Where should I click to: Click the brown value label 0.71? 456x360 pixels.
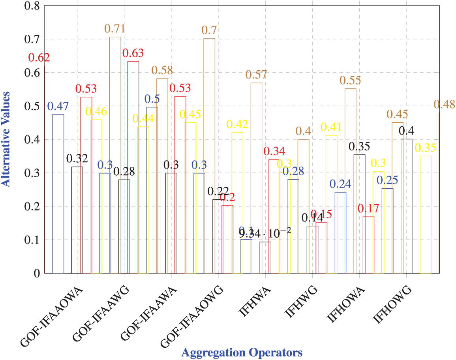click(x=115, y=29)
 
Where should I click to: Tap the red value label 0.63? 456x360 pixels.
click(x=133, y=53)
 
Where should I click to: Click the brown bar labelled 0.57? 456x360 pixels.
click(x=256, y=178)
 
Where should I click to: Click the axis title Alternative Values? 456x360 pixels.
click(x=6, y=139)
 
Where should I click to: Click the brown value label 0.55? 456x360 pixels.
click(x=350, y=81)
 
